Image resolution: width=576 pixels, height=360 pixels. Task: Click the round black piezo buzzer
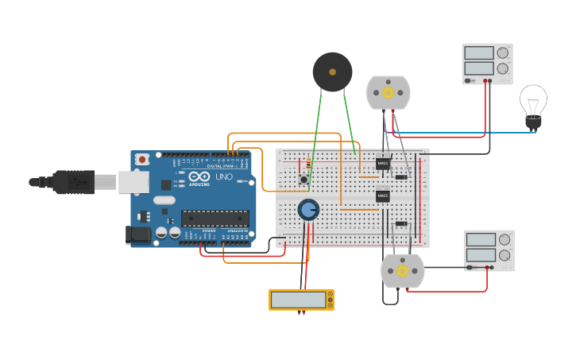point(332,72)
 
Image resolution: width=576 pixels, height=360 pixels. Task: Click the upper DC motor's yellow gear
point(389,92)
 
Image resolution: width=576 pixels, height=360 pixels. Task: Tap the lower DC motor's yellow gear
point(403,271)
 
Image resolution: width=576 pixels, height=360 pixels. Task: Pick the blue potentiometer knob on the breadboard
point(308,210)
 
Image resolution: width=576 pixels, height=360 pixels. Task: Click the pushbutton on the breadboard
point(303,180)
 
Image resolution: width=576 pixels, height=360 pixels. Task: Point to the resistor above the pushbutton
point(308,165)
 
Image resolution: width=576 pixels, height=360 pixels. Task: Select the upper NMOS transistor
point(383,164)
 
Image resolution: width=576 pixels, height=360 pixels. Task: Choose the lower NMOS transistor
point(383,195)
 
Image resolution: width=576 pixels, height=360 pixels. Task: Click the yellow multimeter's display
point(298,300)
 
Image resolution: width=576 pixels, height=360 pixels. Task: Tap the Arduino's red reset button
point(142,160)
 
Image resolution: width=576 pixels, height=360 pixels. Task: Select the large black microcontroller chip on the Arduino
point(215,218)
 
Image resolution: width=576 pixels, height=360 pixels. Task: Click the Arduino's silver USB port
point(133,182)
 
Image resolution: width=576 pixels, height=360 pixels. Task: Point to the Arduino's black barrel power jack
point(138,234)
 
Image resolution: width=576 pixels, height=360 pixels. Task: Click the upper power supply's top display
point(479,53)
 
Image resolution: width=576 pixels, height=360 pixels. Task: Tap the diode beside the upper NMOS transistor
point(401,176)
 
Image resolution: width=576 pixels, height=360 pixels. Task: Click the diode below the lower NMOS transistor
point(401,224)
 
